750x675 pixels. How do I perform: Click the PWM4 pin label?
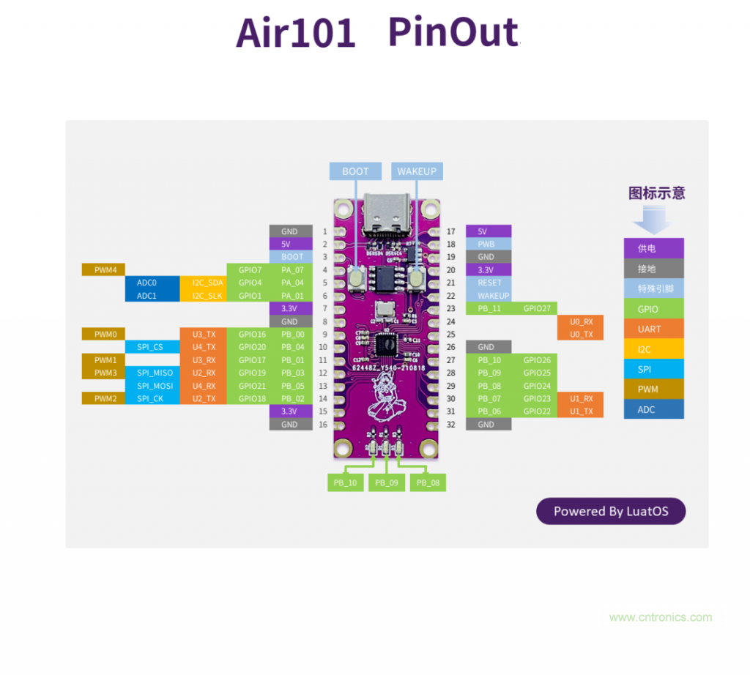tap(105, 270)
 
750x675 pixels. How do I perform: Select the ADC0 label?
tap(146, 283)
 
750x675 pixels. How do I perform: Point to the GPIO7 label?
tap(249, 270)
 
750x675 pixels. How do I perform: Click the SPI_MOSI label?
tap(155, 386)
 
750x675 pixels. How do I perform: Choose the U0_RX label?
tap(581, 321)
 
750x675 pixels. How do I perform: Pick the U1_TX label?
tap(581, 411)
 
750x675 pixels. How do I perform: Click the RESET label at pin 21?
tap(489, 283)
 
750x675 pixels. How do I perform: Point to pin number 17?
tap(450, 231)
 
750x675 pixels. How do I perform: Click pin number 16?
tap(324, 425)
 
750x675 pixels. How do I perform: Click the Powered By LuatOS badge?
tap(610, 512)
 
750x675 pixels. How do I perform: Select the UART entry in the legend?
tap(653, 329)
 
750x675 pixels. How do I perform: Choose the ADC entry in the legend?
tap(653, 409)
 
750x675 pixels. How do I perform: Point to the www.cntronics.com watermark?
tap(660, 617)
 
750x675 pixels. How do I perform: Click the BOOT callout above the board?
tap(355, 171)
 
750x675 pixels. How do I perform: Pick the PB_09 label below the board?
tap(387, 482)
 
